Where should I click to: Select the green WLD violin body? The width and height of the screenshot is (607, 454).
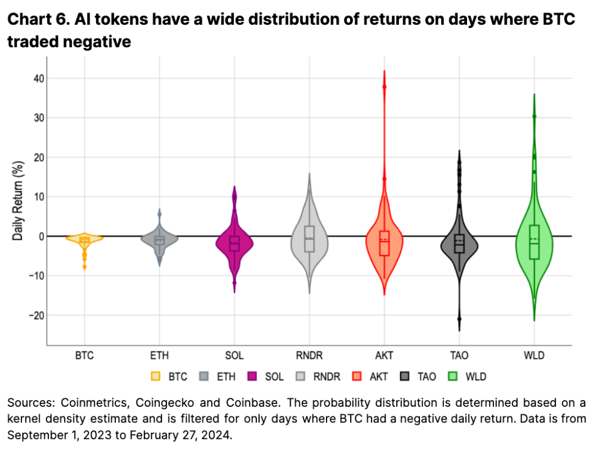(534, 242)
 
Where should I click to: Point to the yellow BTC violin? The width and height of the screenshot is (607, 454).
(84, 239)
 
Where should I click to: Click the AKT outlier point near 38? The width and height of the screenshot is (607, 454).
(384, 87)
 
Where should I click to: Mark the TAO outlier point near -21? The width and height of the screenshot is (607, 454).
(459, 319)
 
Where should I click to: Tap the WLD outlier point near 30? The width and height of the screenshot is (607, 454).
(534, 116)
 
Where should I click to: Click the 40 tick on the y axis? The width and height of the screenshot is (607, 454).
(38, 79)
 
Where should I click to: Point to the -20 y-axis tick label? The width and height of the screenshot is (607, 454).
(35, 315)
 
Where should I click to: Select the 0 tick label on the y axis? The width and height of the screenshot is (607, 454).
(41, 236)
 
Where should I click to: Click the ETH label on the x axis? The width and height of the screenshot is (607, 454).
(159, 356)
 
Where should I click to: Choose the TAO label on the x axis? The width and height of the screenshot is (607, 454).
(459, 356)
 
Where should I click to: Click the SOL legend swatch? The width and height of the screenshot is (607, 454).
(252, 376)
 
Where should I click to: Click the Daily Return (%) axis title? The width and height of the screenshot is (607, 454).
(18, 201)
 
